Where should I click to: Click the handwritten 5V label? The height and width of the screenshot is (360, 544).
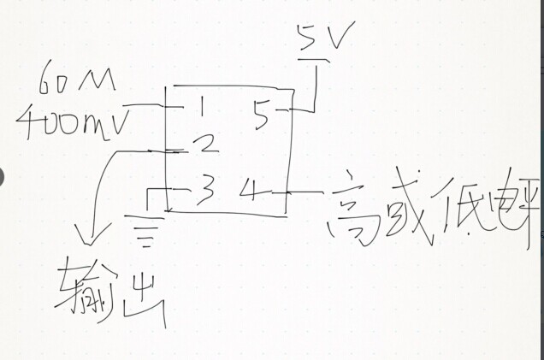point(320,38)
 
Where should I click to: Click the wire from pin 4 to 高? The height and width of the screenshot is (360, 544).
point(305,190)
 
